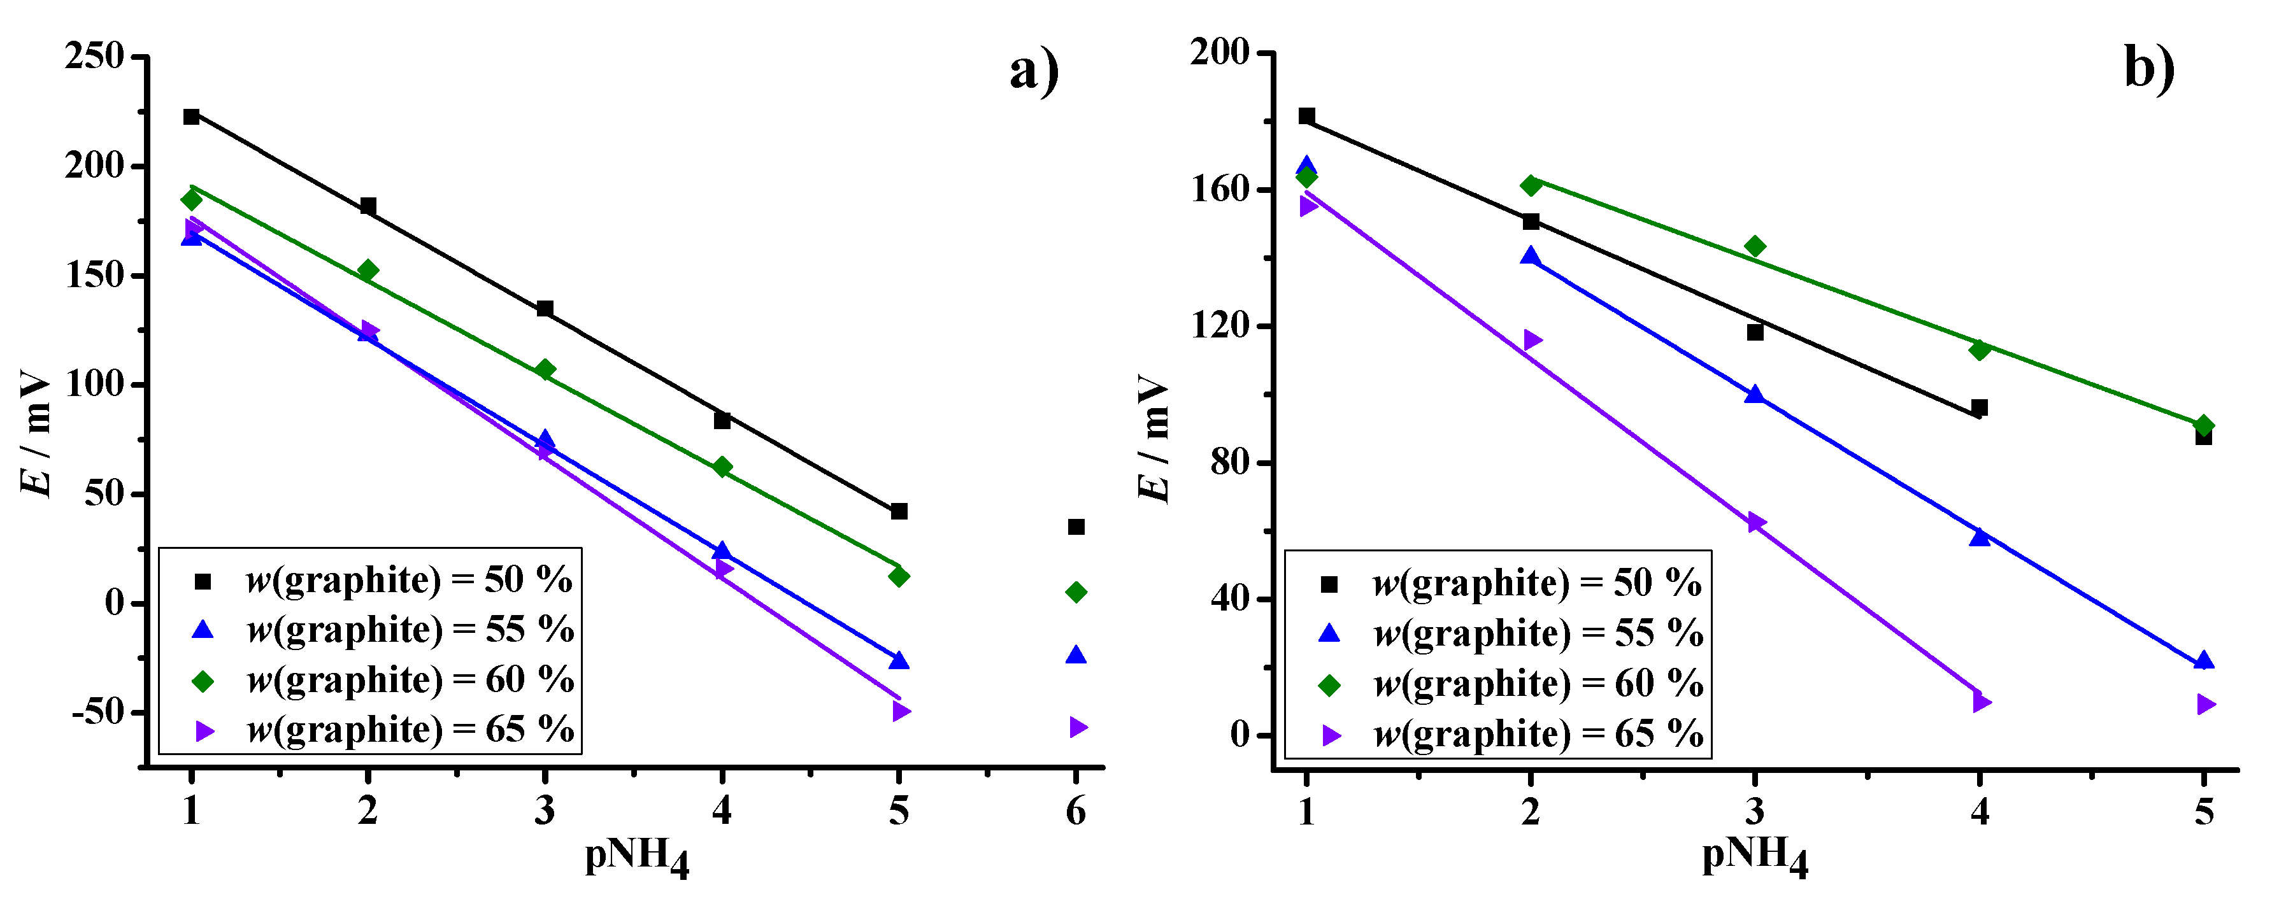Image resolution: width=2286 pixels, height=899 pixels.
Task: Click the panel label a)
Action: click(1034, 71)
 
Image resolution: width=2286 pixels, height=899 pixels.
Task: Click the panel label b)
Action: click(2149, 67)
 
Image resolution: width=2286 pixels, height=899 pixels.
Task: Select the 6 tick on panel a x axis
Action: click(1076, 811)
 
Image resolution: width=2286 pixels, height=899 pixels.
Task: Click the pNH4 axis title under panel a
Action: click(636, 856)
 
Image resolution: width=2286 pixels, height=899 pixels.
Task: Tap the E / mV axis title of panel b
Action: click(1154, 439)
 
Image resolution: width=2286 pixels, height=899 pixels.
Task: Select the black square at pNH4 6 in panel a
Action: click(1076, 527)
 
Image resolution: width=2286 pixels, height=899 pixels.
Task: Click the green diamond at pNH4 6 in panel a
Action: click(1076, 592)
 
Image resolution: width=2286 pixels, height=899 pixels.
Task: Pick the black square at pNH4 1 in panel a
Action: click(191, 117)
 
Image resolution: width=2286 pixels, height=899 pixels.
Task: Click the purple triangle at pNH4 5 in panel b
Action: click(2205, 704)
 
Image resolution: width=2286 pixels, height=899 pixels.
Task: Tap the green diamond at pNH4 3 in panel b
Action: click(1754, 246)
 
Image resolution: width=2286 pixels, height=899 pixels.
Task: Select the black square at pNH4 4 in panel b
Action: click(1979, 408)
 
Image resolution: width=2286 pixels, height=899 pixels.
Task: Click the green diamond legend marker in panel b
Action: click(1329, 685)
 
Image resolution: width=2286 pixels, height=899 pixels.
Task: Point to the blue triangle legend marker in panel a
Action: click(203, 630)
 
